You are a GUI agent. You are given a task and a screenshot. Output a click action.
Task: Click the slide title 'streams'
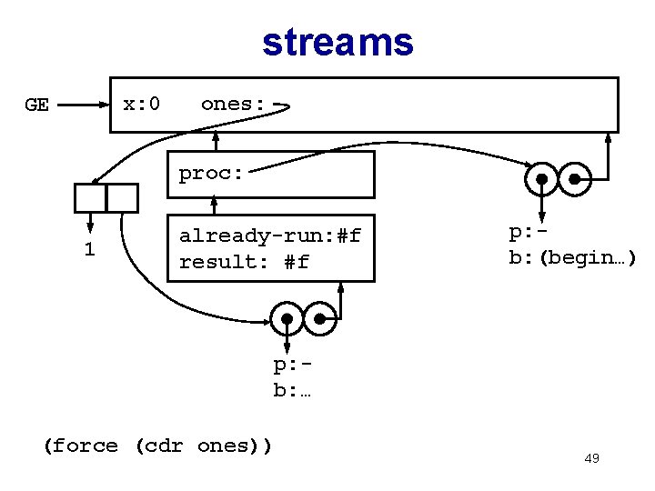point(338,42)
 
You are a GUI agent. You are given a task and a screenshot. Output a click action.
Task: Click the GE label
point(36,105)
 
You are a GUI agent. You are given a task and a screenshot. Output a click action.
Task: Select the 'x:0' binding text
point(142,104)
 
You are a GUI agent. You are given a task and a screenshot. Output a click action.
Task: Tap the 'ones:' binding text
point(233,104)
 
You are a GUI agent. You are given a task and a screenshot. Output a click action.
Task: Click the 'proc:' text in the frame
point(211,173)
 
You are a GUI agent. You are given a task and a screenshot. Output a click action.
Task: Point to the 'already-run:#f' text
point(270,236)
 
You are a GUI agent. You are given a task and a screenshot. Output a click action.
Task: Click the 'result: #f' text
point(244,262)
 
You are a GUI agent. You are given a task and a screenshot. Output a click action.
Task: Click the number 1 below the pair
point(89,249)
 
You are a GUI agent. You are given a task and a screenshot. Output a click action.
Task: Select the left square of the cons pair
point(90,197)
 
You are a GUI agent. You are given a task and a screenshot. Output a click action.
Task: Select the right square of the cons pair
point(122,197)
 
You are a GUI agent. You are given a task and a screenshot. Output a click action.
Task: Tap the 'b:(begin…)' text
point(572,257)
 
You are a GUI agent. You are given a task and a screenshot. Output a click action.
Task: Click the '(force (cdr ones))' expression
point(157,446)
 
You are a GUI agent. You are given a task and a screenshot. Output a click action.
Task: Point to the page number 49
point(591,458)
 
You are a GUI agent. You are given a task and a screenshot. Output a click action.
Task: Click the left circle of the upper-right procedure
point(542,179)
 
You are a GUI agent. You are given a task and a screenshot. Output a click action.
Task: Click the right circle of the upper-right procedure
point(576,179)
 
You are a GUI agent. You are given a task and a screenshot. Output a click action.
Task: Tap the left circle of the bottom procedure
point(287,318)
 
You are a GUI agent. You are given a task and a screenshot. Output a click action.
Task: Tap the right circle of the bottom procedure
point(321,318)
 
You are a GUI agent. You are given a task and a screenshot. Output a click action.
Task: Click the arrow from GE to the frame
point(86,105)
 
